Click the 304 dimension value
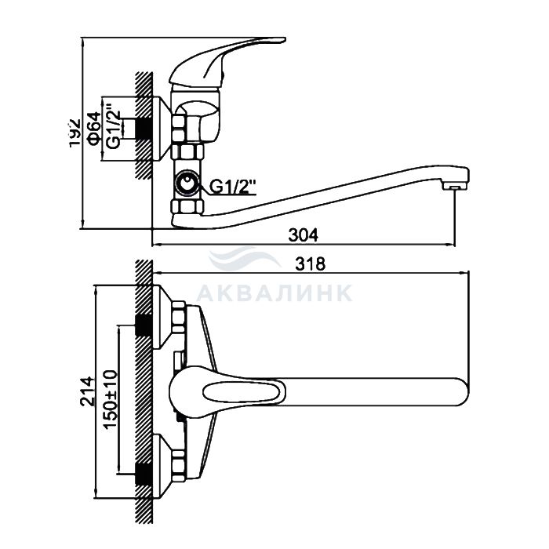coord(304,235)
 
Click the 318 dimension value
coord(311,264)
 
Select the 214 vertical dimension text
coord(87,391)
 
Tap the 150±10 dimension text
coord(111,399)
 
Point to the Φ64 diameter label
coord(94,129)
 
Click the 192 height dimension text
coord(75,133)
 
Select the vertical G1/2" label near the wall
coord(114,125)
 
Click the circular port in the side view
coord(187,184)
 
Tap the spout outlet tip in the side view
coord(454,187)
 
